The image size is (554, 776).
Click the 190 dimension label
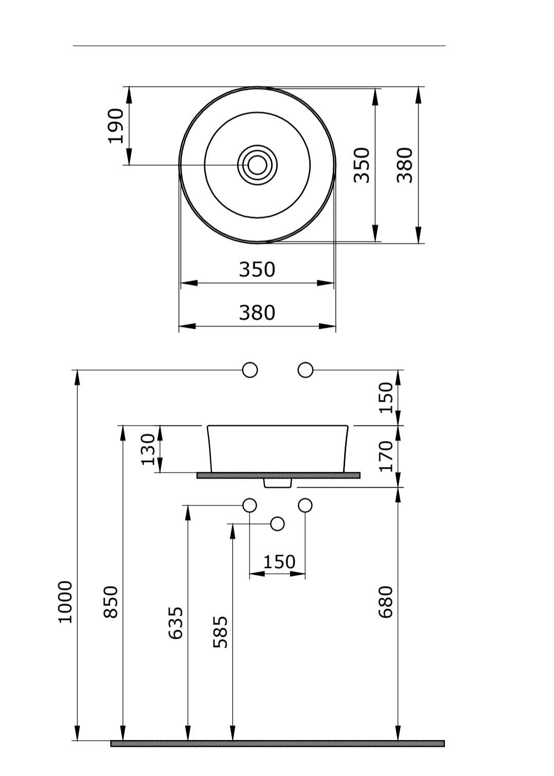pos(116,126)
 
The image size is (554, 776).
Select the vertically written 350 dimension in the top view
pos(362,165)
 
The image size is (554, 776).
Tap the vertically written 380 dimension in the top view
pos(405,165)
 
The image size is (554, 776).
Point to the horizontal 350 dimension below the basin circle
pos(257,270)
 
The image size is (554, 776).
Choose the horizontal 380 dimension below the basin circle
pos(257,313)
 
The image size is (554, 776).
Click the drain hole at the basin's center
pos(257,165)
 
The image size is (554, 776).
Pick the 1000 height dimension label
pos(65,602)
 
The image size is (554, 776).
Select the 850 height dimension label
pos(111,602)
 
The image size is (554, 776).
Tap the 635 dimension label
pos(176,623)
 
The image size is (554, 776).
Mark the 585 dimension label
pos(221,632)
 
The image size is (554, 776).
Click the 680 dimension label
pos(386,602)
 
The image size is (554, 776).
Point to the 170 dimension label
pos(386,456)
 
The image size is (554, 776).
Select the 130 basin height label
pos(148,449)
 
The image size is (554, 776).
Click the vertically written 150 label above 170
pos(386,397)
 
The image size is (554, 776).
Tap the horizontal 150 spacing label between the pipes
pos(279,561)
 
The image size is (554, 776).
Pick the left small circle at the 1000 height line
pos(250,370)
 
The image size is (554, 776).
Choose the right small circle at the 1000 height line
pos(306,370)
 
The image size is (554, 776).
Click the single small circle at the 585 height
pos(277,524)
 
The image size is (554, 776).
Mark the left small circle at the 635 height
pos(250,505)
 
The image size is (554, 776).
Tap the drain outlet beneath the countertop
pos(278,483)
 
